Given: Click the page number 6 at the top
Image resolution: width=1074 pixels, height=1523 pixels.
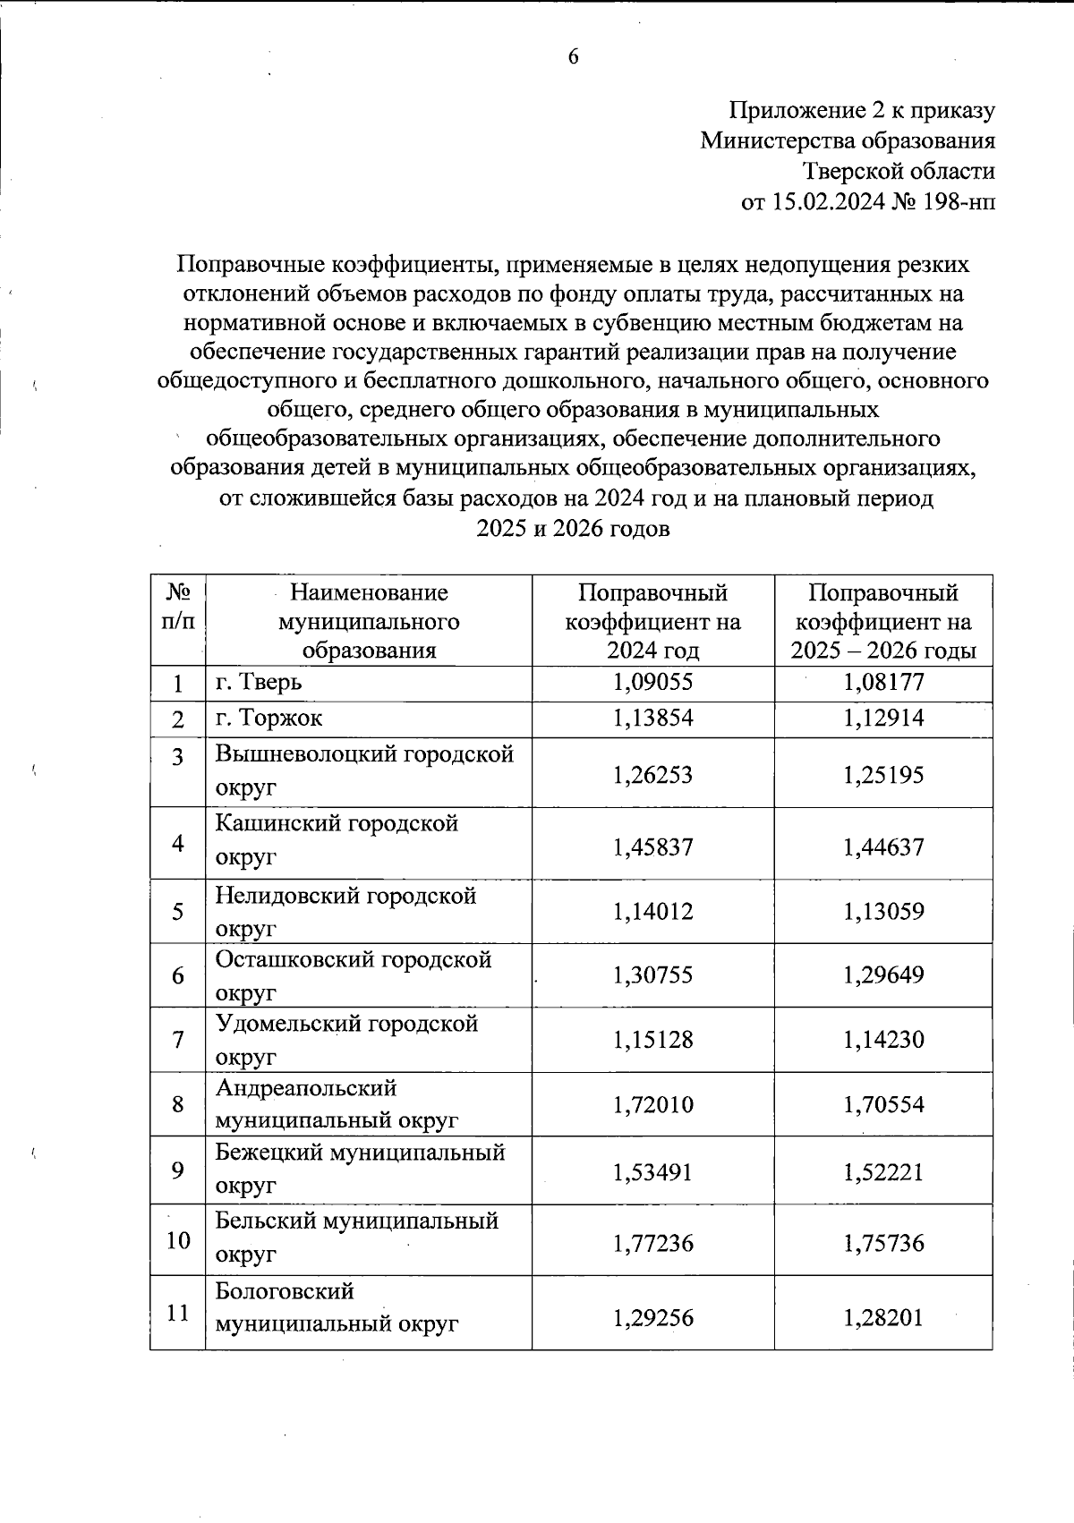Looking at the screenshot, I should [x=573, y=57].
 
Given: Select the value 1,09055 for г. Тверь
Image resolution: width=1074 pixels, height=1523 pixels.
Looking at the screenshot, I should [x=652, y=683].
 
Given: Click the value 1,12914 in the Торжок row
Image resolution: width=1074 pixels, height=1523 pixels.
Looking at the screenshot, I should [x=883, y=719].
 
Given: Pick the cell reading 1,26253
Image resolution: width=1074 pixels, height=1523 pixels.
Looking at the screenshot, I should [x=652, y=775].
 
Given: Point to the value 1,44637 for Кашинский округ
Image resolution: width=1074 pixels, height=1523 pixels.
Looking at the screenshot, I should [x=883, y=847].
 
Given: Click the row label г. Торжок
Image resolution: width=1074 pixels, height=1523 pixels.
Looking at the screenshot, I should [x=269, y=719].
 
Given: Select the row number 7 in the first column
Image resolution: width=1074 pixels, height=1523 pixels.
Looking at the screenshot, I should [x=178, y=1040].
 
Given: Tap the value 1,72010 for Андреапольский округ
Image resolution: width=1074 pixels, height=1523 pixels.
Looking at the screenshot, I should [x=652, y=1104].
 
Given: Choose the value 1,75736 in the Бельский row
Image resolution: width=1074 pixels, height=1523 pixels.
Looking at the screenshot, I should [x=883, y=1243].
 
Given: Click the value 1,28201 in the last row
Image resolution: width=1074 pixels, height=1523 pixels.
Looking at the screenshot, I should [x=883, y=1318].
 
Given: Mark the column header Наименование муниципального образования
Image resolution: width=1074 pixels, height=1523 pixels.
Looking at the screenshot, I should [x=369, y=621].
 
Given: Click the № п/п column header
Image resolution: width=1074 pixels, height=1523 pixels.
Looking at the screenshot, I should [x=178, y=607].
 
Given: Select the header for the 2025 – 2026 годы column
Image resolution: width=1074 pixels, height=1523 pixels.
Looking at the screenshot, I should [x=883, y=621].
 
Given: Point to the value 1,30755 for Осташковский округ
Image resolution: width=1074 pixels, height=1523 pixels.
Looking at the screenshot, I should [x=652, y=974].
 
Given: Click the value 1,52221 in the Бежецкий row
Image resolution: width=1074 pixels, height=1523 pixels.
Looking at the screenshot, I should [x=883, y=1172].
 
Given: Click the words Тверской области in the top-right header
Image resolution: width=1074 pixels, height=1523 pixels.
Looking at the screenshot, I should [x=898, y=173].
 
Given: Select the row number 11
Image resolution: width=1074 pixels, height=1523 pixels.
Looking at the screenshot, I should [x=178, y=1313].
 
